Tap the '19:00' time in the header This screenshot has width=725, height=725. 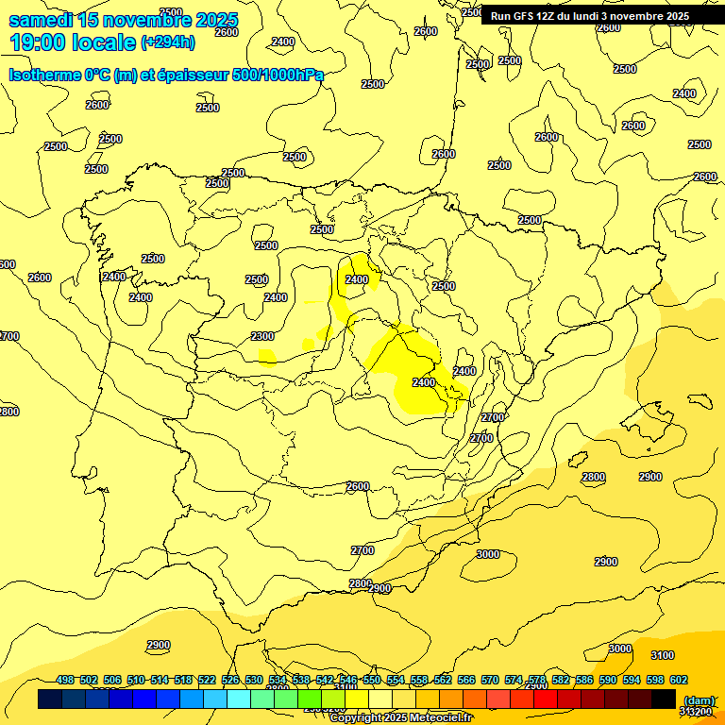[x=39, y=42]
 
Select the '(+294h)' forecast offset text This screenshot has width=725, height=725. [x=168, y=42]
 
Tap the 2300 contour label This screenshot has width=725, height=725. [x=262, y=337]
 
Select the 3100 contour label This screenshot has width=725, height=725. [x=663, y=655]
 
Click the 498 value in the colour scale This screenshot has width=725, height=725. [x=65, y=681]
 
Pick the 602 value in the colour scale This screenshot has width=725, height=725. [x=679, y=681]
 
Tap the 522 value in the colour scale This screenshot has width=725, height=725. [x=207, y=681]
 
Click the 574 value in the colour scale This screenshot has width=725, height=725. [x=514, y=681]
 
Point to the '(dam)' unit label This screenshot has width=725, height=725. [x=698, y=701]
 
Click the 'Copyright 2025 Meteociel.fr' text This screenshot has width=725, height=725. [x=400, y=718]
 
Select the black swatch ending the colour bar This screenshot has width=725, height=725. [x=664, y=699]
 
